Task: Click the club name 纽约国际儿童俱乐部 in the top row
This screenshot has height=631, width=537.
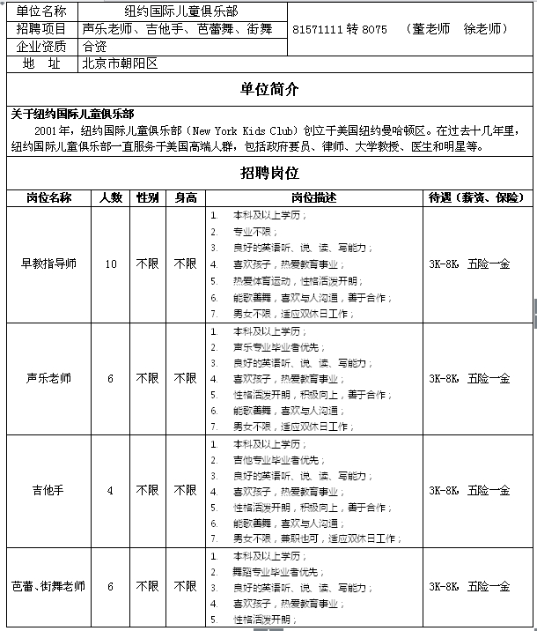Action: pyautogui.click(x=181, y=11)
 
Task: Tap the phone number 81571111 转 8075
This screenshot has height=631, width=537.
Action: pyautogui.click(x=340, y=29)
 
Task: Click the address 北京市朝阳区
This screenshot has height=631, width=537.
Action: pyautogui.click(x=119, y=63)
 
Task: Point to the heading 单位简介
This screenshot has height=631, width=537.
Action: pyautogui.click(x=269, y=90)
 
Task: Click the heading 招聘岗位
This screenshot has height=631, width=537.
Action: pyautogui.click(x=269, y=172)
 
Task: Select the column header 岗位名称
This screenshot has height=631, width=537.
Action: pyautogui.click(x=49, y=197)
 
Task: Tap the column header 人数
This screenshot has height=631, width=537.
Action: pyautogui.click(x=111, y=197)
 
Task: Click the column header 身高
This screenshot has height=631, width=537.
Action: pyautogui.click(x=185, y=197)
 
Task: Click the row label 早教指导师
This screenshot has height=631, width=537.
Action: pyautogui.click(x=49, y=264)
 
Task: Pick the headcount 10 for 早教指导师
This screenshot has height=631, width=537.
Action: pyautogui.click(x=111, y=264)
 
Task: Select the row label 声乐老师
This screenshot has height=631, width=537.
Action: pyautogui.click(x=49, y=378)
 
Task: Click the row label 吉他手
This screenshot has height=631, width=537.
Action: pyautogui.click(x=49, y=491)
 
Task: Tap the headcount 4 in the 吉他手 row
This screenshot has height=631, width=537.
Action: pyautogui.click(x=111, y=491)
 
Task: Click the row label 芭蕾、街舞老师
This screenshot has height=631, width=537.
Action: pyautogui.click(x=49, y=586)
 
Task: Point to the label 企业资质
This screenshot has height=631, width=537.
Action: pyautogui.click(x=41, y=47)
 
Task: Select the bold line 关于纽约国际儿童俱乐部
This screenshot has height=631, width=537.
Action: pyautogui.click(x=72, y=114)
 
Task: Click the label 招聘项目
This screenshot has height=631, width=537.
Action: pyautogui.click(x=41, y=29)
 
